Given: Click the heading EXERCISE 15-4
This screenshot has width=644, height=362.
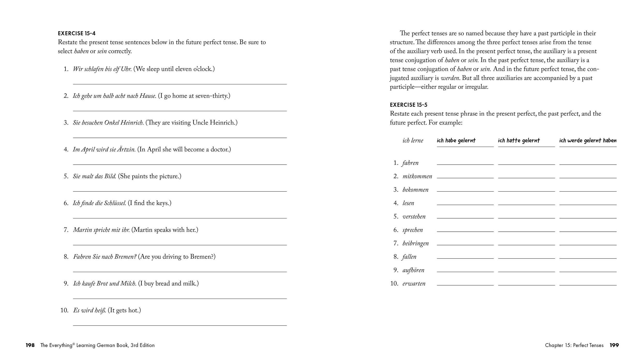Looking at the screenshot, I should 77,33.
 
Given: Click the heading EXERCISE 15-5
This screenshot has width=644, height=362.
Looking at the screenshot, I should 408,105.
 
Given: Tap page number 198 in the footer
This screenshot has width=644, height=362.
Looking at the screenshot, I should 30,345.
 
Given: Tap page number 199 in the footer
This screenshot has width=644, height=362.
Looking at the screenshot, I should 614,345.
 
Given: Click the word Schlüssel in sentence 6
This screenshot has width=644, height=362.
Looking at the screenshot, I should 115,203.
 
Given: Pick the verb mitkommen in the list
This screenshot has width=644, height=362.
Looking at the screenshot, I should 417,176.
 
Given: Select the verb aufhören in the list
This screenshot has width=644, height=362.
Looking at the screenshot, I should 413,270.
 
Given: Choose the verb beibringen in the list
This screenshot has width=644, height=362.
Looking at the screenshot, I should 415,243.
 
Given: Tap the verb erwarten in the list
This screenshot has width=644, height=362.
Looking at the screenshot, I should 414,284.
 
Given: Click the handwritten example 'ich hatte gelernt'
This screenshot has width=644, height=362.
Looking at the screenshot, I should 519,140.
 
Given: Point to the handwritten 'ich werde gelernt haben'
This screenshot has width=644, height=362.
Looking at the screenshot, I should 588,140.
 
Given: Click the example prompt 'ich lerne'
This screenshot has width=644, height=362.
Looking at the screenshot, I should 413,141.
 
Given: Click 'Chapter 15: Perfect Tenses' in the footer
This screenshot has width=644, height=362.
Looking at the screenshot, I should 574,345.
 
